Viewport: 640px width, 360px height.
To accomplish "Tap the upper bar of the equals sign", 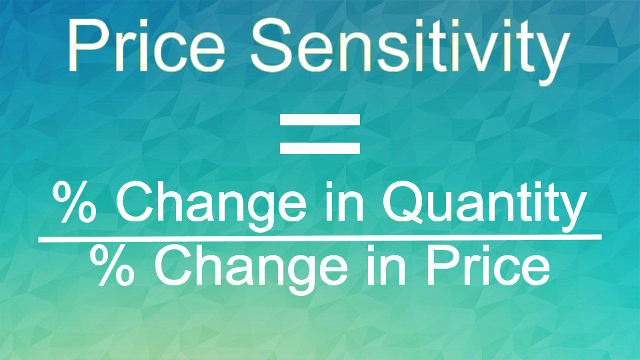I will point(319,121).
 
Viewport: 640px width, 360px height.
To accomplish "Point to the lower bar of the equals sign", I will point(319,146).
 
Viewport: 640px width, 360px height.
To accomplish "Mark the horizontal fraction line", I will point(319,237).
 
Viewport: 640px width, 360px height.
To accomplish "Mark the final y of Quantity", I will point(574,208).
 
